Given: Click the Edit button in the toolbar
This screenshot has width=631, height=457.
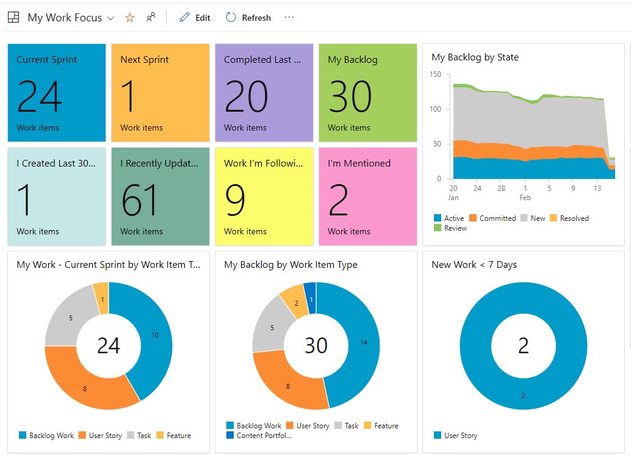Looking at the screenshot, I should tap(195, 18).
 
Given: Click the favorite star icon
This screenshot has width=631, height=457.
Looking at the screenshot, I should tap(129, 18).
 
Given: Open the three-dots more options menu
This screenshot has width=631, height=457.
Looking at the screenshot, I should tap(289, 17).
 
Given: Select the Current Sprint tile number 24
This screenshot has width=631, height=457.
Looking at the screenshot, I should tap(39, 96).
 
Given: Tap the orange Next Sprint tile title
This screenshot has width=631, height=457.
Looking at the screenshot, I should tap(145, 60).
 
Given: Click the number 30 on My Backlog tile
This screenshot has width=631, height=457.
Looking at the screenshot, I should tap(350, 96).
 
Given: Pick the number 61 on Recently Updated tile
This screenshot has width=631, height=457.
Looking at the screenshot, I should tap(140, 200).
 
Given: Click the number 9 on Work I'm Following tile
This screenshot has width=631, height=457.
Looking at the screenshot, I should tap(236, 200).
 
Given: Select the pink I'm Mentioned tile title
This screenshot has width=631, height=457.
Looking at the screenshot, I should tap(359, 164).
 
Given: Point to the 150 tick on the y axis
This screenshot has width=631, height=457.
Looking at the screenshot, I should tap(435, 74).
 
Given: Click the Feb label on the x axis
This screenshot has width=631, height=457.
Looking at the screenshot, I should tap(525, 198).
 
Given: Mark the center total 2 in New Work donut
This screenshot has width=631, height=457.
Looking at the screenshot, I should tap(523, 345).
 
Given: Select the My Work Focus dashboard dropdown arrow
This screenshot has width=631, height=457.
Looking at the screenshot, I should tap(110, 18).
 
